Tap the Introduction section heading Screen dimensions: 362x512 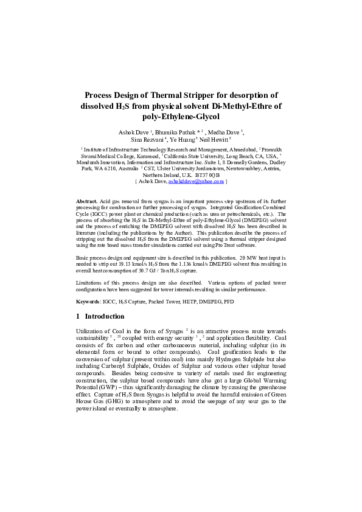coord(105,316)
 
